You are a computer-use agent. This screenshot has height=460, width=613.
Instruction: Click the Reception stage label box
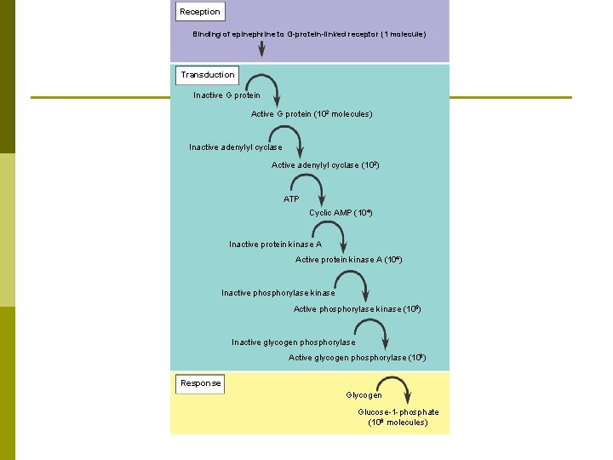(200, 12)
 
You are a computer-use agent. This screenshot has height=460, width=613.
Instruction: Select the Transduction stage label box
(207, 75)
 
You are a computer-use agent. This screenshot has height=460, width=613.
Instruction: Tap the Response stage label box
(200, 383)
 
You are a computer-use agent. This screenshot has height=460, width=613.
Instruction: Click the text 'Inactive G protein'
(226, 95)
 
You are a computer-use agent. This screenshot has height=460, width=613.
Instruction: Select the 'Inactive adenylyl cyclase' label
(235, 147)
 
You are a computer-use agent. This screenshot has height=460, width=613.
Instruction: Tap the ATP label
(291, 198)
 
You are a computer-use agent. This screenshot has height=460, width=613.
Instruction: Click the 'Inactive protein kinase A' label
(275, 244)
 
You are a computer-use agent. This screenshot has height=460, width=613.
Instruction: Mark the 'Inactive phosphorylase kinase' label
(278, 293)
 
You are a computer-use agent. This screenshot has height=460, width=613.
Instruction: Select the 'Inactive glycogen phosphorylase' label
(293, 342)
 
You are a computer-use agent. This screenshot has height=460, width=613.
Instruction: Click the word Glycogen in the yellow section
(364, 395)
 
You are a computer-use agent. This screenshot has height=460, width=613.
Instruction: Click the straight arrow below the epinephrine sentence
(261, 49)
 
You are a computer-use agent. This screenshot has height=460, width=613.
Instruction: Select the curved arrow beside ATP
(306, 185)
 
